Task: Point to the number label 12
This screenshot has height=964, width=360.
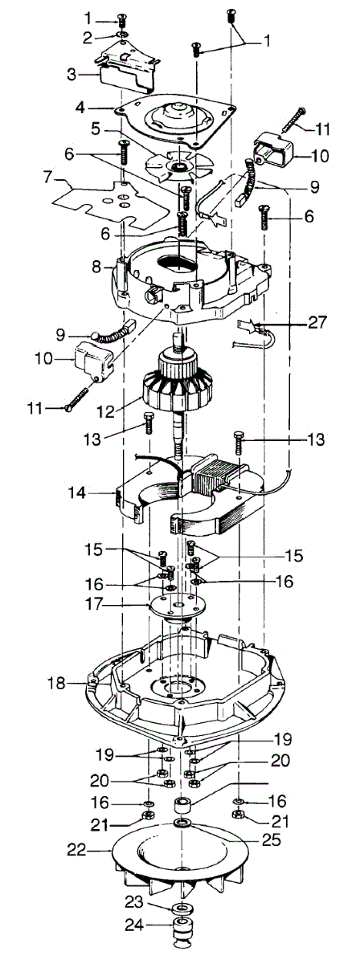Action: coord(106,411)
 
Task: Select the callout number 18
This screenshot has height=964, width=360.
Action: coord(56,683)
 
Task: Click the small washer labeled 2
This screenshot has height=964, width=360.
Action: coord(123,34)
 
